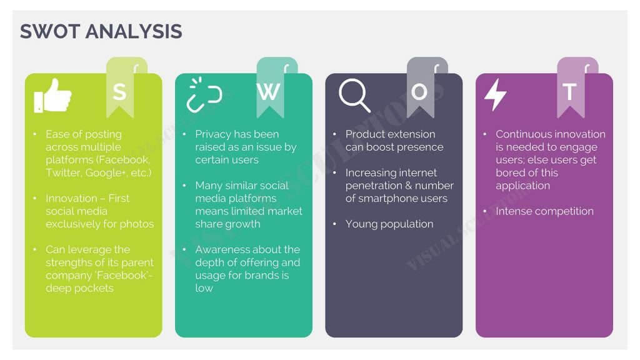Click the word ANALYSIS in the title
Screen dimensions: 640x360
[134, 31]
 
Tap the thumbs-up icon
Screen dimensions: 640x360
[52, 96]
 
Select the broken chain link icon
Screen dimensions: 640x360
[204, 95]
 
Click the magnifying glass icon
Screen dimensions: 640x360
[354, 96]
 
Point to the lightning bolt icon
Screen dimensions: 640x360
[495, 95]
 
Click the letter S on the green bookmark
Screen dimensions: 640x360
[119, 92]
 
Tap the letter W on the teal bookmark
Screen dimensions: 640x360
[269, 92]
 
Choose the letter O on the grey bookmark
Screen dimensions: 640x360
[419, 92]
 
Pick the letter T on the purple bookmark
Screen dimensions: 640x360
[569, 92]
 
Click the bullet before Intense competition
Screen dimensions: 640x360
[484, 211]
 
